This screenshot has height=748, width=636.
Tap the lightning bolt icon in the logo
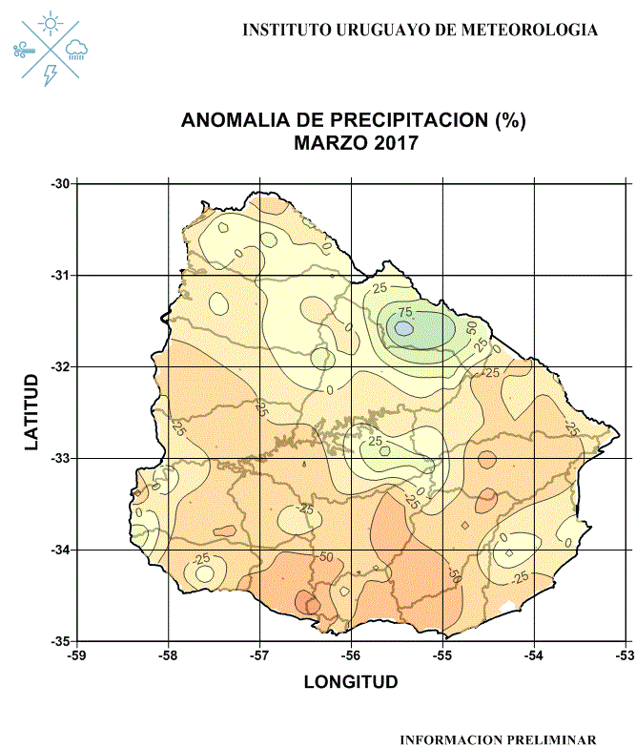(x=51, y=73)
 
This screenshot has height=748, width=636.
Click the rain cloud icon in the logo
(x=77, y=48)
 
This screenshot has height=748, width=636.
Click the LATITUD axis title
(x=32, y=412)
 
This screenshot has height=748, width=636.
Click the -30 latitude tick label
(x=62, y=183)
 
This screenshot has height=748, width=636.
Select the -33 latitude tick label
(x=62, y=458)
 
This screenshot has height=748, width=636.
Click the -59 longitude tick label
(x=77, y=655)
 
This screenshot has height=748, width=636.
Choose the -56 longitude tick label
(x=351, y=655)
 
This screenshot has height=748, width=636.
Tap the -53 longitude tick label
(x=625, y=655)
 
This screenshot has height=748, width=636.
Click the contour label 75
(x=404, y=312)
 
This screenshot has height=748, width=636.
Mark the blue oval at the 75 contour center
(x=403, y=327)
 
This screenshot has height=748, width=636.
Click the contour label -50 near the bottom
(x=325, y=556)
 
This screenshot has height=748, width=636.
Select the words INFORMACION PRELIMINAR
(x=498, y=739)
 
